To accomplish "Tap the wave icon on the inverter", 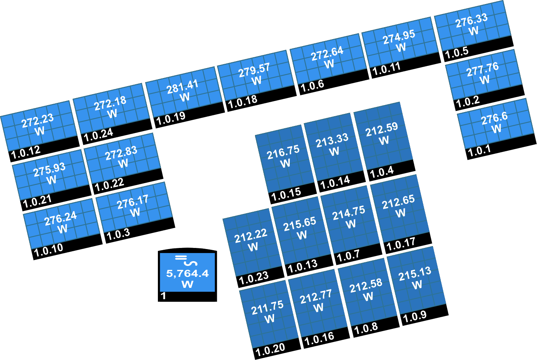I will (190, 263).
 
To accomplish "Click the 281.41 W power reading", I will (183, 91).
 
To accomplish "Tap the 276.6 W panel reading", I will (495, 122).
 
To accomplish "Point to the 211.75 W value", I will (268, 312).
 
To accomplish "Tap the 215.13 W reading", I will (415, 278).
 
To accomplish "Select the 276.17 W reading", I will (133, 206).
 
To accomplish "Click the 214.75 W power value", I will (349, 217).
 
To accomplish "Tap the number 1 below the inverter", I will (163, 296).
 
